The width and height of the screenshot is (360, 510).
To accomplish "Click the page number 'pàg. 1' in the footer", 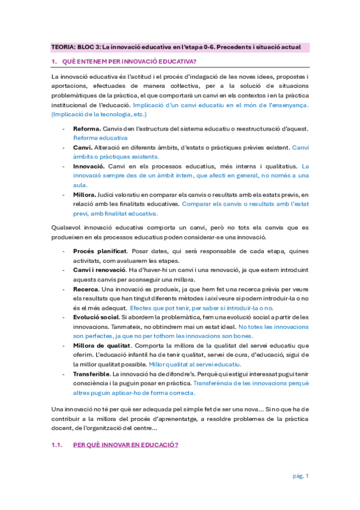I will click(x=301, y=476).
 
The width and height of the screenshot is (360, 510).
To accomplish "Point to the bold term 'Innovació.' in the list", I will click(x=89, y=165).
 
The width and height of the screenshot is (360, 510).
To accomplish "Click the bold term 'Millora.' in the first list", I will click(x=85, y=195).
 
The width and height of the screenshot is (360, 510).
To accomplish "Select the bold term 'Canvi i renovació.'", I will click(x=100, y=271).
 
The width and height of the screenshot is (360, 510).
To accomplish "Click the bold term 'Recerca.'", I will click(x=87, y=289).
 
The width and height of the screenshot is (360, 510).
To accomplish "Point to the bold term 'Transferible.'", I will click(x=93, y=374).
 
